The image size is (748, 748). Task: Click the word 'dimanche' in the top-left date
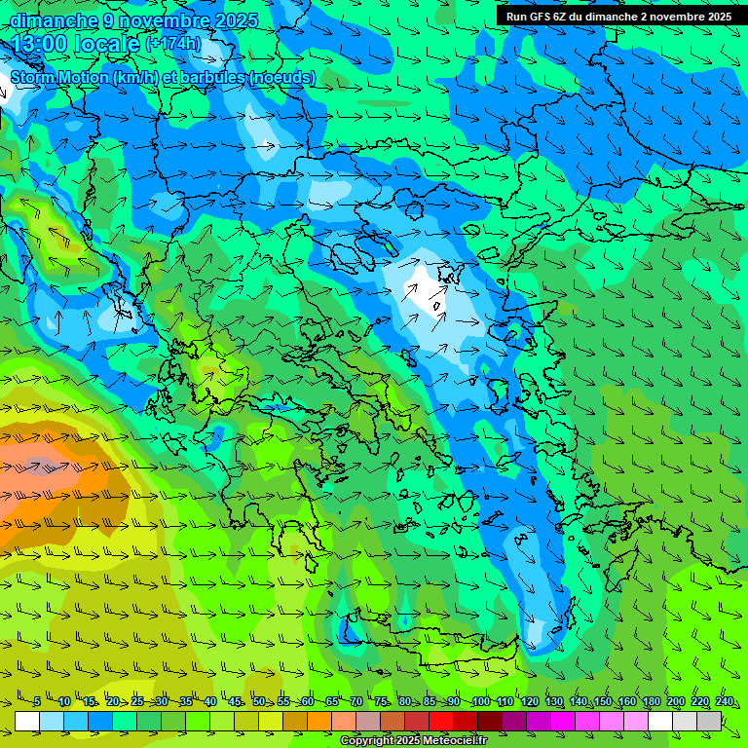click(x=54, y=20)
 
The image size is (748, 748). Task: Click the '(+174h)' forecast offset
click(x=172, y=44)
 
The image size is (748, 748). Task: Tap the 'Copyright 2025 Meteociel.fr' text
click(x=413, y=740)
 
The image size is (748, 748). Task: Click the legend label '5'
click(x=37, y=701)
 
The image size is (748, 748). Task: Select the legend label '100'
click(x=480, y=701)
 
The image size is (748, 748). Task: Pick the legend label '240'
click(x=725, y=701)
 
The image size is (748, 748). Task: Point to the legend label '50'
click(x=259, y=701)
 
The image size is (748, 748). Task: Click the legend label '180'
click(x=652, y=701)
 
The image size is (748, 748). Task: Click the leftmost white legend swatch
click(x=27, y=721)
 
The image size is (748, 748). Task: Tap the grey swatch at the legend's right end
click(x=710, y=721)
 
